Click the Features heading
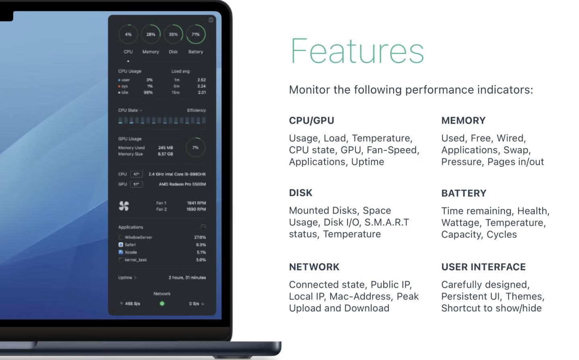(x=357, y=51)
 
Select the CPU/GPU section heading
(x=312, y=121)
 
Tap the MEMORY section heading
(x=463, y=121)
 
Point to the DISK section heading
(x=301, y=193)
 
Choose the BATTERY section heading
(x=464, y=193)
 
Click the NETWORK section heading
(x=314, y=267)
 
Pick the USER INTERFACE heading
(x=483, y=267)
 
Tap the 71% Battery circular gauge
(x=205, y=34)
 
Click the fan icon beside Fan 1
(x=124, y=206)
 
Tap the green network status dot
(x=162, y=303)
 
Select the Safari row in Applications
(x=162, y=245)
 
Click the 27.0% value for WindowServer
(x=200, y=237)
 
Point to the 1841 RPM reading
(x=196, y=203)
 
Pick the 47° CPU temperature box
(x=136, y=174)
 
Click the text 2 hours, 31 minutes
(x=187, y=278)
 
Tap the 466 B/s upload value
(x=132, y=304)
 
